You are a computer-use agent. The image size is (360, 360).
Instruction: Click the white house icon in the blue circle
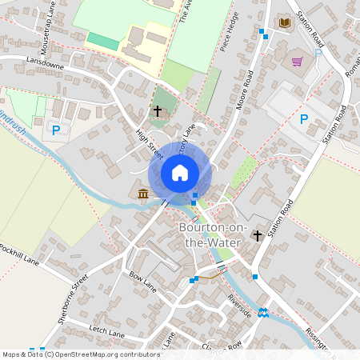click(x=179, y=173)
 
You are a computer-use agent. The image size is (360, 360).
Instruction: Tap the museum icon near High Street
click(x=142, y=194)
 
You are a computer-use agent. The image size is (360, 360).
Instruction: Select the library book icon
click(x=284, y=22)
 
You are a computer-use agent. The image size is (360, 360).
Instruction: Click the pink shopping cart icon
click(x=298, y=61)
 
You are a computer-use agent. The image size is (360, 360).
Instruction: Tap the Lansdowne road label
click(x=44, y=61)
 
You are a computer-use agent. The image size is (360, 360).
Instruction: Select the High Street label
click(x=147, y=142)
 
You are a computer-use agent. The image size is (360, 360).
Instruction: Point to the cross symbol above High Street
click(x=157, y=110)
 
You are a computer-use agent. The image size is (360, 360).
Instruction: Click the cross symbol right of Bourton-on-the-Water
click(x=258, y=235)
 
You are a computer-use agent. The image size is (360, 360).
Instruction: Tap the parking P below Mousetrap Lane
click(x=55, y=130)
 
